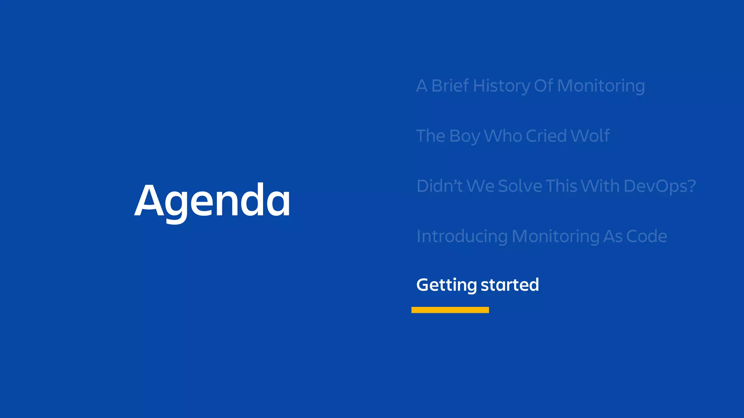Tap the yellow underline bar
point(450,310)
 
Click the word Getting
point(446,285)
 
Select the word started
point(510,285)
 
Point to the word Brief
point(450,86)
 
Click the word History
point(501,86)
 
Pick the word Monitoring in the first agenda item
point(601,86)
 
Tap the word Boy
point(464,136)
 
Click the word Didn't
point(439,186)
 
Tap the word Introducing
point(462,237)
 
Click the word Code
point(647,237)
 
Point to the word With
point(600,186)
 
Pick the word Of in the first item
point(543,86)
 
